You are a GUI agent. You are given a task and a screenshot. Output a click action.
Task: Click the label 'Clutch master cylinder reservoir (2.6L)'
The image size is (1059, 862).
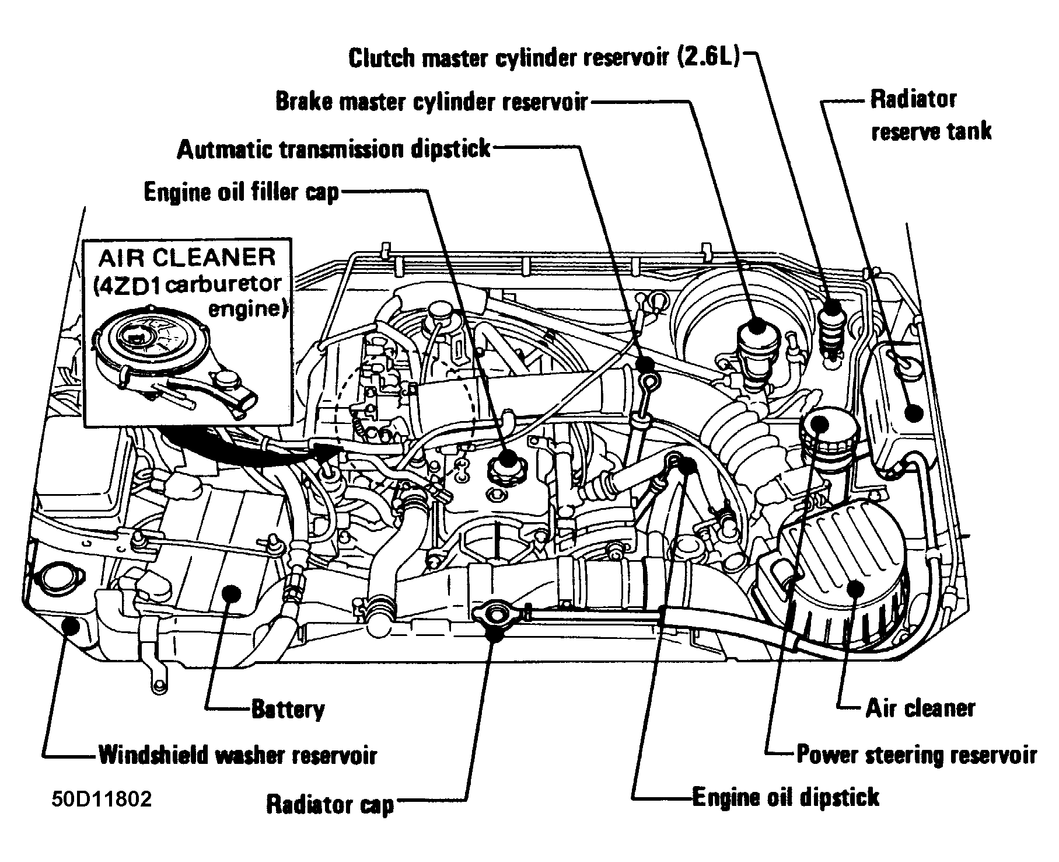(x=544, y=59)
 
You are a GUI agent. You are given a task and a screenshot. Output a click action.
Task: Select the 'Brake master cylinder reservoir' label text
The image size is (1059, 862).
(x=431, y=103)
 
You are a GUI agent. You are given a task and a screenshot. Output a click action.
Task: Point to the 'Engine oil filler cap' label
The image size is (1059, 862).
(x=241, y=192)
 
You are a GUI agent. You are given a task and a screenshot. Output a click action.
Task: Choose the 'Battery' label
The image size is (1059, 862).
(x=288, y=710)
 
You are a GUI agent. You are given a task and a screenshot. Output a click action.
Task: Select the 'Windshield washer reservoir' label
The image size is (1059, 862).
(x=237, y=755)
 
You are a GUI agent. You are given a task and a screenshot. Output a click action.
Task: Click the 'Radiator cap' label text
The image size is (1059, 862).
(x=330, y=804)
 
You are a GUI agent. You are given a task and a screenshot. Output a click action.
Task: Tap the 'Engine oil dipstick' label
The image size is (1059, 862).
(x=785, y=797)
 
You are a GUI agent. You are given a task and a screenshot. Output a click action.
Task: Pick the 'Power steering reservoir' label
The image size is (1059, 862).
(x=917, y=755)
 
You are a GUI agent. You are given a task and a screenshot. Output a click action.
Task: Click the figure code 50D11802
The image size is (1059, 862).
(x=102, y=798)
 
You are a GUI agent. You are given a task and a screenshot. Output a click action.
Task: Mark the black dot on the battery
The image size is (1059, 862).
(x=233, y=593)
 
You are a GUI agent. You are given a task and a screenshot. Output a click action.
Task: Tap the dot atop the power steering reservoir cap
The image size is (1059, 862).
(x=819, y=423)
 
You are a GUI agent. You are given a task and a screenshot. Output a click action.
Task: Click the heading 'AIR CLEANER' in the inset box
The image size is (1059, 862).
(x=187, y=258)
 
